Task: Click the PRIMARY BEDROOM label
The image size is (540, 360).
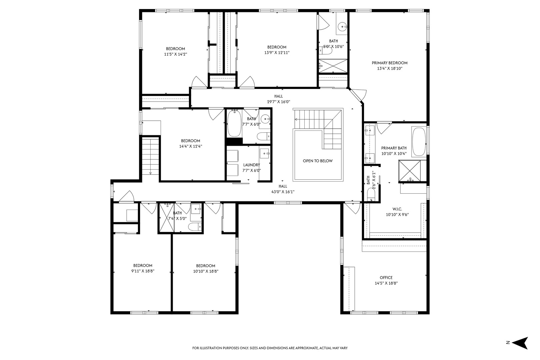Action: [390, 63]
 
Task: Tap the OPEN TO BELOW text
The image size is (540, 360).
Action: [318, 161]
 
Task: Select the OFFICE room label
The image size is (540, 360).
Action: [386, 278]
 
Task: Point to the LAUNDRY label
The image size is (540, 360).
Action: [251, 165]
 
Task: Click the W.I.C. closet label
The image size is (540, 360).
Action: [397, 209]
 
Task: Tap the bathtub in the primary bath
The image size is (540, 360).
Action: [419, 142]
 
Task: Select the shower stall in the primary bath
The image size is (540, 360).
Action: [410, 171]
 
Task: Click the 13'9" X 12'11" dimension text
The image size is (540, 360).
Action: [277, 53]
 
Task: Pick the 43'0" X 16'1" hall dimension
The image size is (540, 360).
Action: [283, 192]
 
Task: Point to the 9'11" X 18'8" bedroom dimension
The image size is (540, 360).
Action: [143, 271]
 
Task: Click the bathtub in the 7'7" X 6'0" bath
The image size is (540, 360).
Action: [234, 123]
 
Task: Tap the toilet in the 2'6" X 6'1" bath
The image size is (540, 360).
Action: [371, 194]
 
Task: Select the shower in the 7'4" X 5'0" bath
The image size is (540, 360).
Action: [167, 218]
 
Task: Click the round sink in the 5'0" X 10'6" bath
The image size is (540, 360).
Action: [342, 26]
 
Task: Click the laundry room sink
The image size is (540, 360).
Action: [265, 153]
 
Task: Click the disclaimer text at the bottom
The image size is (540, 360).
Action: [270, 348]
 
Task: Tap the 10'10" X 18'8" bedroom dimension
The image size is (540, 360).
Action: [206, 271]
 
